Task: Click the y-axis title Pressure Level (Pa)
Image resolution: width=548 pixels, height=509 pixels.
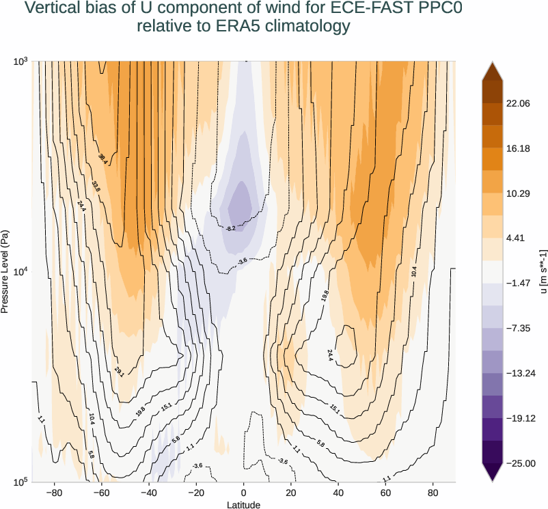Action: click(5, 271)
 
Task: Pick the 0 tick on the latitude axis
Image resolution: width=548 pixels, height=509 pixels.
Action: click(243, 492)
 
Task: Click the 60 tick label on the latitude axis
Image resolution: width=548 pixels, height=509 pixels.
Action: click(385, 492)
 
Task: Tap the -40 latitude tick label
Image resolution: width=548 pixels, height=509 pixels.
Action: click(148, 492)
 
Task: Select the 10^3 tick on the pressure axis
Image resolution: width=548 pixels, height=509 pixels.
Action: click(19, 62)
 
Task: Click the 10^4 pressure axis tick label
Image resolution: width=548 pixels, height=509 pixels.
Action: click(19, 272)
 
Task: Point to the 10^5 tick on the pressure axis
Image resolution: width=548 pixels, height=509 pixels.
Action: click(19, 482)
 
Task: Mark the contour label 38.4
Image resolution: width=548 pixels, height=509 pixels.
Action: click(102, 159)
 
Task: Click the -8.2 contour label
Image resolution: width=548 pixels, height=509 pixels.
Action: click(230, 228)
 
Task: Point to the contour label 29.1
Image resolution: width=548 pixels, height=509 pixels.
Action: click(119, 372)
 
